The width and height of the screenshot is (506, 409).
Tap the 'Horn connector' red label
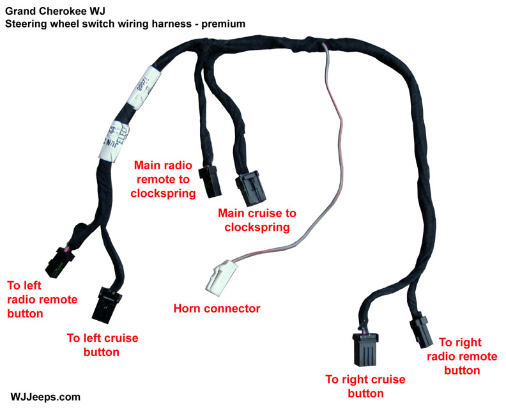[217, 309]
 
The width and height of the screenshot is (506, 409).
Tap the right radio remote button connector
[419, 327]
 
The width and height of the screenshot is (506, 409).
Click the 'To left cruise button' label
[103, 344]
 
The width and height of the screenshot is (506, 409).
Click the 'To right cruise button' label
[365, 386]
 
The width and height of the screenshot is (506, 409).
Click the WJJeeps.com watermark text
[45, 397]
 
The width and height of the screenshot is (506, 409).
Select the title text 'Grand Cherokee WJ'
[49, 11]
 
